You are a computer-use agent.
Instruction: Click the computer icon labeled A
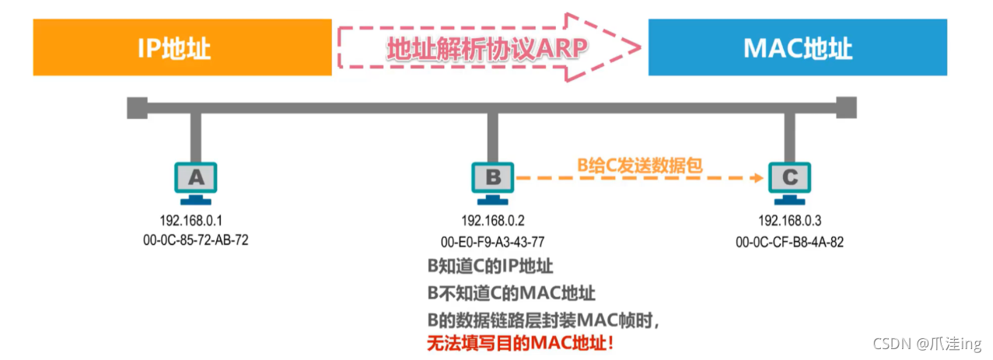click(x=196, y=179)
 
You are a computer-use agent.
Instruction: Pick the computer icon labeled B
click(x=493, y=179)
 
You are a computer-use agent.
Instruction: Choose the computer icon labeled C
click(x=789, y=179)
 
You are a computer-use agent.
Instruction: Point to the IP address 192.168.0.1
click(x=196, y=219)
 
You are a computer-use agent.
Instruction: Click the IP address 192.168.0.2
click(x=493, y=219)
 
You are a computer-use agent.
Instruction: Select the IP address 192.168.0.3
click(x=789, y=219)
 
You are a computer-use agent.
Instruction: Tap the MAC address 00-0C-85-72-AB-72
click(x=196, y=240)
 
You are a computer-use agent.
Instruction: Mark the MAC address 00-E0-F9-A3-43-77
click(x=493, y=241)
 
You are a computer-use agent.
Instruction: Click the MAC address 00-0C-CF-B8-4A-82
click(x=789, y=241)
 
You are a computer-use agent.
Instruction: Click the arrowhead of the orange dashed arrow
click(x=758, y=178)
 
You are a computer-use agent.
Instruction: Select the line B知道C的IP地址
click(x=491, y=266)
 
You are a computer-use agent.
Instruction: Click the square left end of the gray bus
click(x=137, y=107)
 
